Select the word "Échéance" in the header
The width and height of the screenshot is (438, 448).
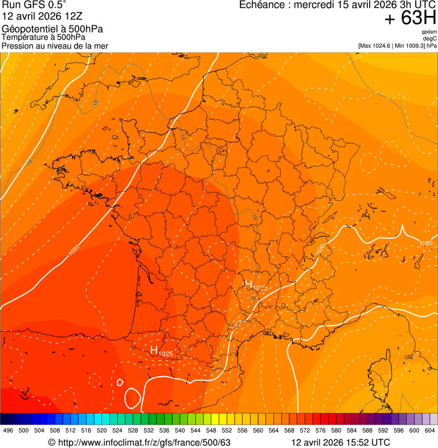[x=260, y=5]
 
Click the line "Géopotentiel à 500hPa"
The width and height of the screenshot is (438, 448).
[x=53, y=29]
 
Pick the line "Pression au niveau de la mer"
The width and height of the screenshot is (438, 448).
[x=55, y=46]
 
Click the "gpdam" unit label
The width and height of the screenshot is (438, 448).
[x=429, y=32]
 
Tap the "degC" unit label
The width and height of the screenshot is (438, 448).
[x=431, y=39]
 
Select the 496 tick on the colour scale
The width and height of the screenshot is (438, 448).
[x=8, y=430]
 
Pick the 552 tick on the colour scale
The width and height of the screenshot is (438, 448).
[x=227, y=430]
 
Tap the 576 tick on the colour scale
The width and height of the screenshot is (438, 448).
[x=321, y=430]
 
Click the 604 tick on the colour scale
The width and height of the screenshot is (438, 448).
[x=430, y=430]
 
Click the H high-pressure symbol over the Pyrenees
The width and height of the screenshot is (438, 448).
[x=154, y=350]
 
